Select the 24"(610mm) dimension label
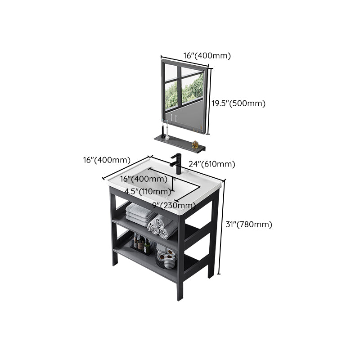pos(211,164)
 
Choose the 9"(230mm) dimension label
pos(174,206)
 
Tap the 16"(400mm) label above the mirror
pos(207,56)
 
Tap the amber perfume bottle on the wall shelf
pos(195,144)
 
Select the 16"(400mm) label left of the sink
pos(107,160)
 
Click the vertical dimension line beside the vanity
pos(219,225)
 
